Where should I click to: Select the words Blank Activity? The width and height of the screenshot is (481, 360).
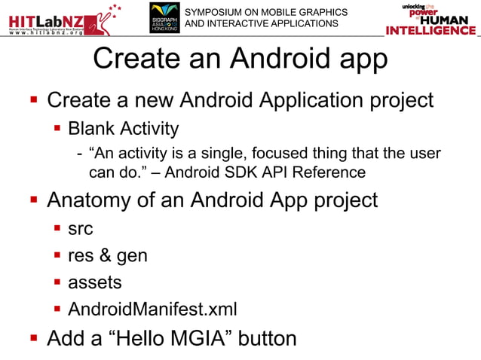[x=124, y=128]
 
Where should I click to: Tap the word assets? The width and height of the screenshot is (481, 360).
[x=94, y=282]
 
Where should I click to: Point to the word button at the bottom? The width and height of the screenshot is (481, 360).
[x=268, y=338]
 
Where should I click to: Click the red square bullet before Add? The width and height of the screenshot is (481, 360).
[x=32, y=338]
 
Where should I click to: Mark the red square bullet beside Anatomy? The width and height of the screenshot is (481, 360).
[x=32, y=201]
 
